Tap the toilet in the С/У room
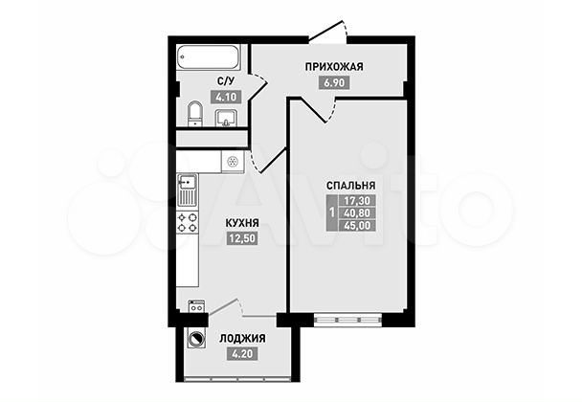[194, 114]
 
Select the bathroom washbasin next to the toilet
[228, 118]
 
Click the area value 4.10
[226, 98]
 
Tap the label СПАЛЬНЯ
[349, 186]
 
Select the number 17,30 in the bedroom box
[358, 201]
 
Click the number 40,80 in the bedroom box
[358, 212]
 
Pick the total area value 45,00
[358, 225]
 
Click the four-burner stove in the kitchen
[187, 225]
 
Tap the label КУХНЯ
[242, 223]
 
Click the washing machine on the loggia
[197, 338]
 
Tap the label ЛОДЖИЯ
[242, 338]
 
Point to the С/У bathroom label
[226, 82]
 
